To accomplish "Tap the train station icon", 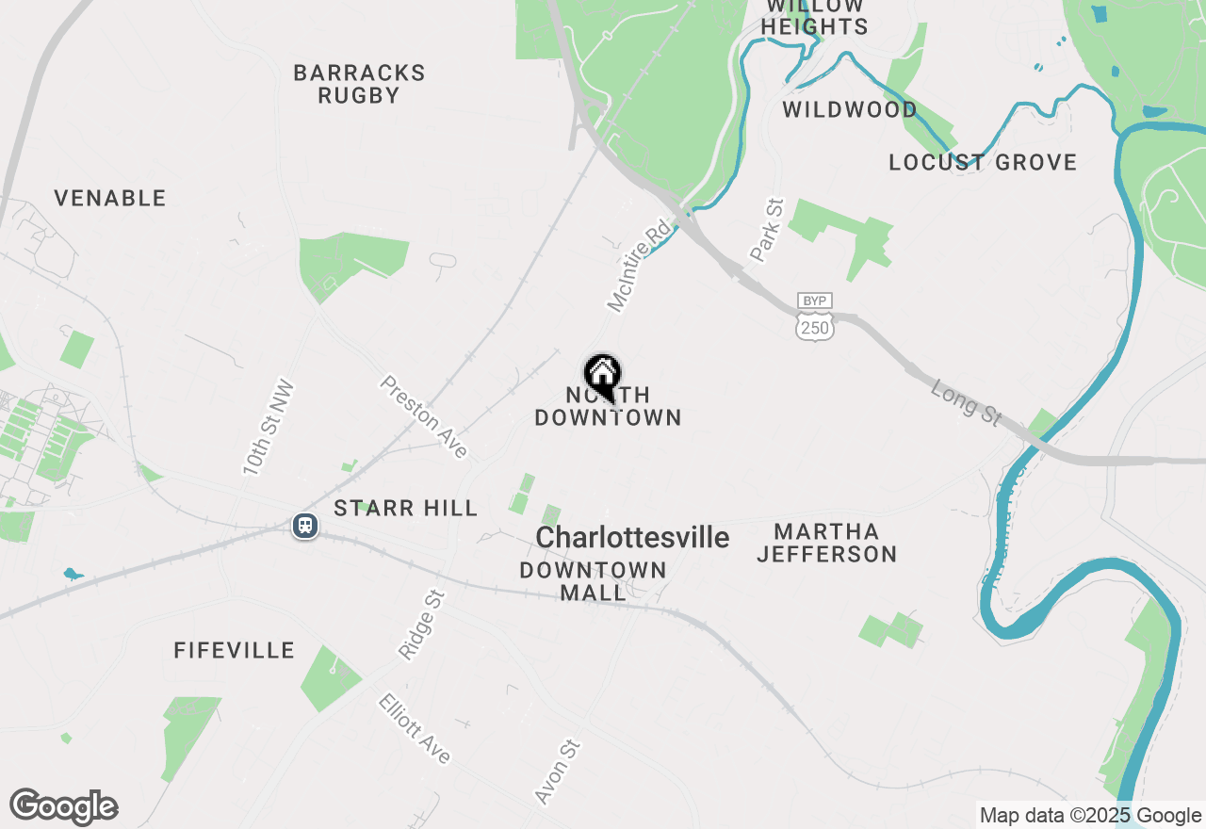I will (x=304, y=525).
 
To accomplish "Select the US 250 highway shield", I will (x=814, y=327).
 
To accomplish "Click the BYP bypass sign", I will (x=814, y=301).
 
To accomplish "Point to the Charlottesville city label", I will (x=632, y=538).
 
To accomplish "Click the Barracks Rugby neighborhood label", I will (x=359, y=84).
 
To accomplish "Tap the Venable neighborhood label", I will (x=109, y=198).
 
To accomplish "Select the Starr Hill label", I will (x=406, y=509).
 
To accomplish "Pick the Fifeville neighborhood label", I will (x=235, y=650).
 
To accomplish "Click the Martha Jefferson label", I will (x=826, y=543).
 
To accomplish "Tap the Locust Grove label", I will (x=983, y=162).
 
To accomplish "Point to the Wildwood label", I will (x=850, y=109).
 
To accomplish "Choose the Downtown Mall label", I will (x=593, y=581).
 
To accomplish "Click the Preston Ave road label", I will (x=424, y=416).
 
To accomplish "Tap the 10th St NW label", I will (x=269, y=427).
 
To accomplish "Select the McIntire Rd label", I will (x=639, y=266).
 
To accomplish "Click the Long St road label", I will (x=966, y=402).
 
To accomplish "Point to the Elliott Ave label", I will (x=415, y=728).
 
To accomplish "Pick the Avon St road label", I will (x=557, y=772).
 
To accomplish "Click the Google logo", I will (x=63, y=806).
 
